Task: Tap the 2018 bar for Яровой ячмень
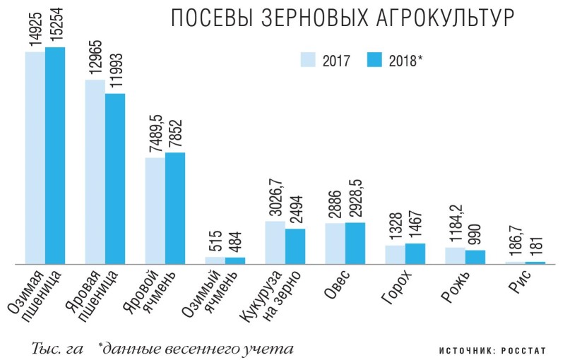click(x=175, y=208)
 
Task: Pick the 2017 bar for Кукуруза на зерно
click(x=275, y=242)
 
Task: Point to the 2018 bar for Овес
click(x=355, y=243)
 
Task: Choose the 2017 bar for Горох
click(x=395, y=254)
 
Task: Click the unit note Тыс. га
click(x=57, y=349)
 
